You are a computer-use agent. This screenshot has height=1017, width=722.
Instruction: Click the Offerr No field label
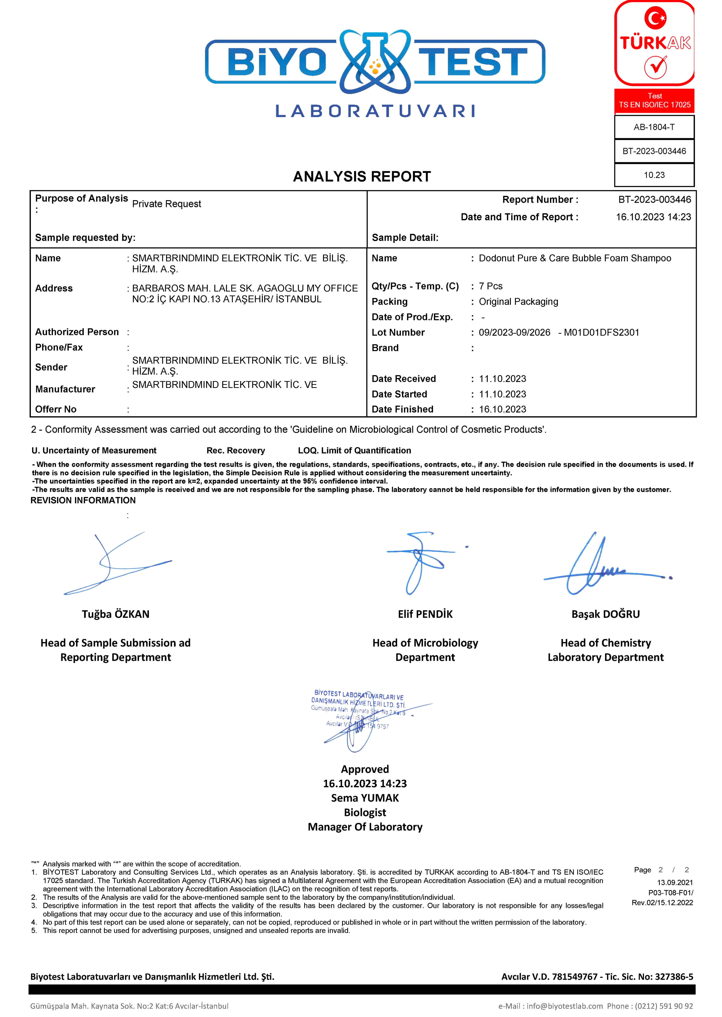point(56,409)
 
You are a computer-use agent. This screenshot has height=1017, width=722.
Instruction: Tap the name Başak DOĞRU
point(605,614)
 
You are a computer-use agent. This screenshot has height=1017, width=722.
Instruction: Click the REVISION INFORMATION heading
point(83,500)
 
